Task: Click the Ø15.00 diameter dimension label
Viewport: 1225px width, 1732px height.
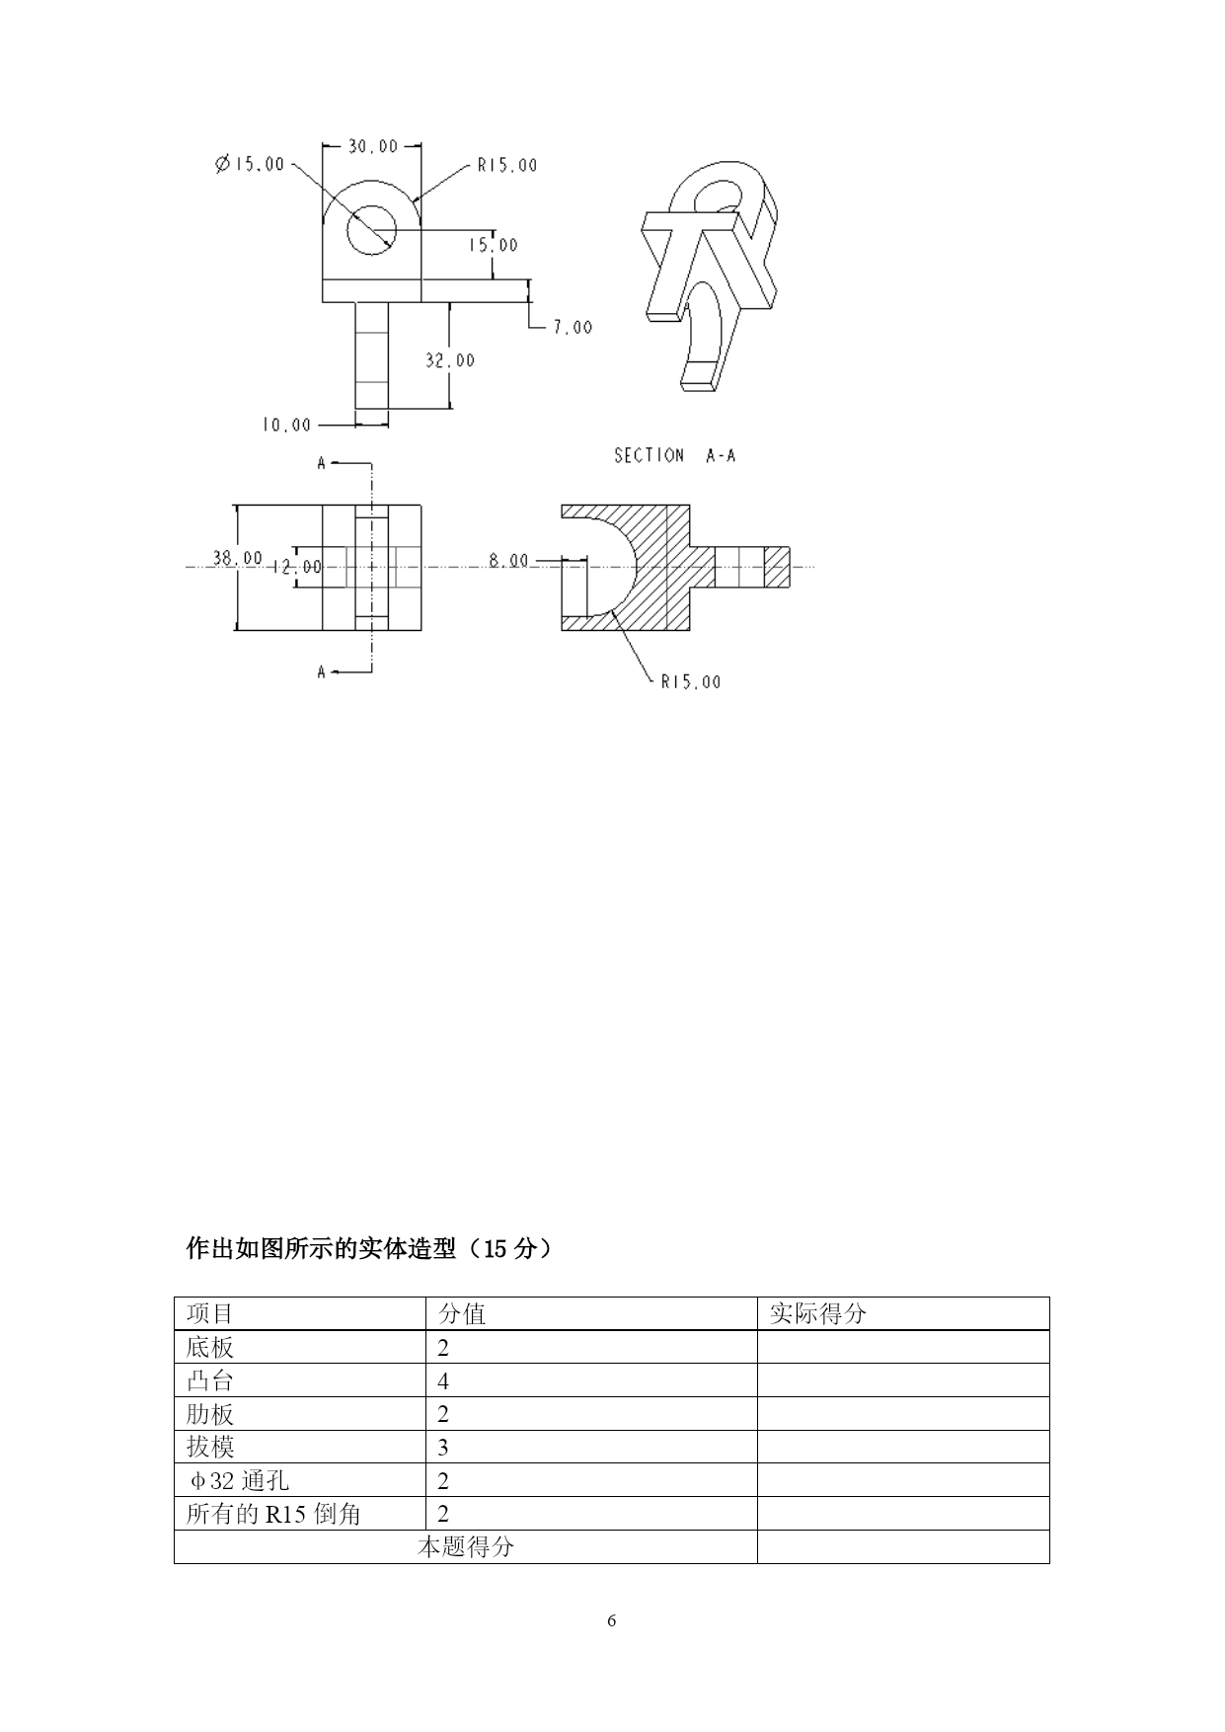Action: coord(249,164)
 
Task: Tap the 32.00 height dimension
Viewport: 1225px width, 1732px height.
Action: coord(450,360)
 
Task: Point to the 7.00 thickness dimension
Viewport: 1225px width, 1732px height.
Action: coord(573,327)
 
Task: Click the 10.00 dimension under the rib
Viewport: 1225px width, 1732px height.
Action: coord(286,425)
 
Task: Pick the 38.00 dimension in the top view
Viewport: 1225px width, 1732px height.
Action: coord(238,558)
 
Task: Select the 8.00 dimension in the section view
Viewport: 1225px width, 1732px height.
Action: coord(509,560)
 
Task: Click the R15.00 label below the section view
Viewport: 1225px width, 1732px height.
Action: coord(691,681)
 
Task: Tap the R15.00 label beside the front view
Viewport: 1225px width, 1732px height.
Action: coord(507,165)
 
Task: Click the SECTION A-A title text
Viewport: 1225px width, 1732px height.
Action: coord(675,455)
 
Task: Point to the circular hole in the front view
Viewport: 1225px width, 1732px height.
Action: coord(371,230)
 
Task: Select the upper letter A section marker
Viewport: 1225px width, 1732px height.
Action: coord(321,462)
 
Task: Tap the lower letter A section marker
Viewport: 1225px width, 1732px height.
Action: coord(321,672)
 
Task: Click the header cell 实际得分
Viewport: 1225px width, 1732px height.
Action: coord(817,1313)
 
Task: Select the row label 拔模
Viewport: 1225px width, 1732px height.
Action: coord(210,1447)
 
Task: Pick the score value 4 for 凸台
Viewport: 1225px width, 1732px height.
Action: coord(443,1380)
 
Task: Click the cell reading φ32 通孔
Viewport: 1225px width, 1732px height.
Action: coord(239,1480)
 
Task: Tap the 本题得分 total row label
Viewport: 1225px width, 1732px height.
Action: coord(466,1546)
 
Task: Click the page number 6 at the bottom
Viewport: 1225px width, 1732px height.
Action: coord(612,1620)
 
